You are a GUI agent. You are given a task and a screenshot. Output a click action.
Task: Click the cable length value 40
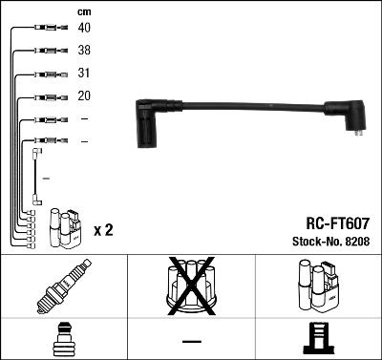pos(84,28)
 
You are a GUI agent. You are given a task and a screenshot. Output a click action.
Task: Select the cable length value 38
pos(84,51)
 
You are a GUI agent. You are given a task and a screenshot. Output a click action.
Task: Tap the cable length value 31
pos(84,74)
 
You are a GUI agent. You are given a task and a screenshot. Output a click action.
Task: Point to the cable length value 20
pos(84,96)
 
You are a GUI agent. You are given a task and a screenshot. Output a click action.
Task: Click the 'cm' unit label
pos(84,11)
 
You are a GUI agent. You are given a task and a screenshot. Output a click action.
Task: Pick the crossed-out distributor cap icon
pos(190,286)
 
